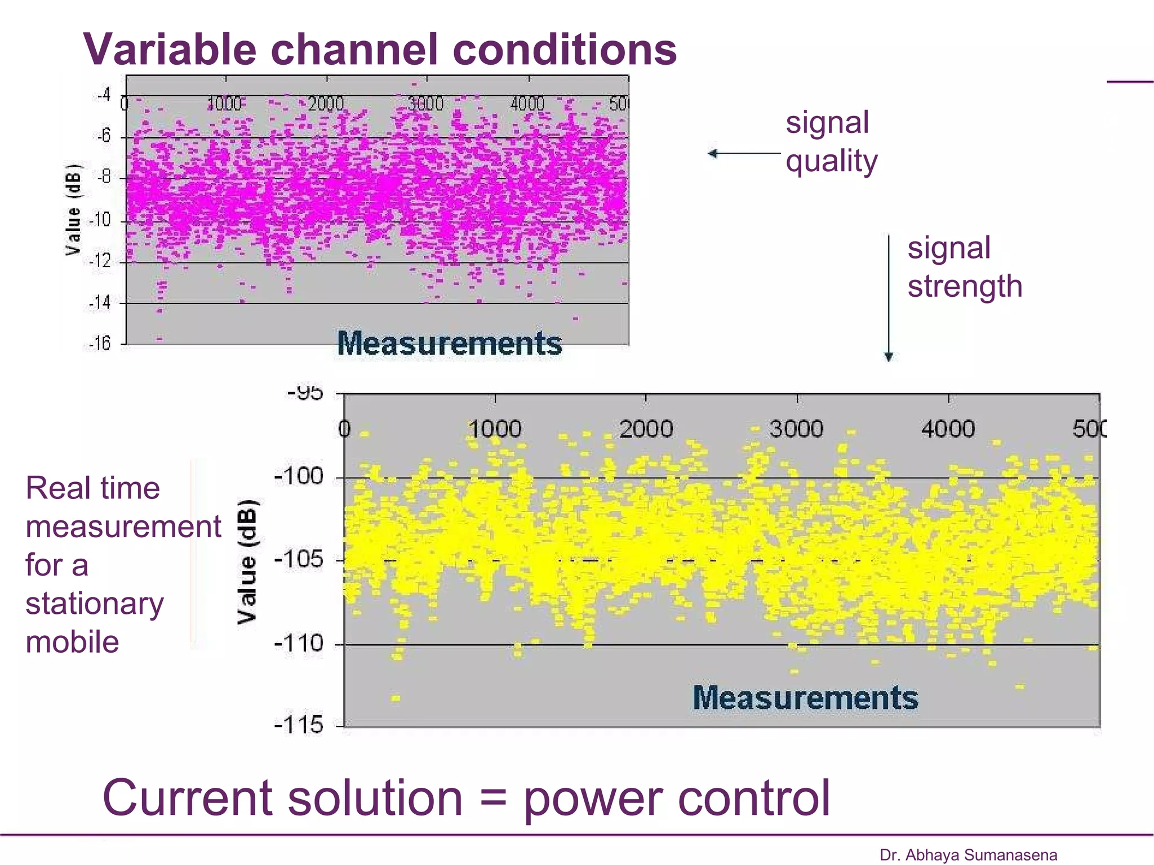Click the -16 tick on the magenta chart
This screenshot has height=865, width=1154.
(100, 343)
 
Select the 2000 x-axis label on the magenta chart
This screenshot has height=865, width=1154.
(326, 104)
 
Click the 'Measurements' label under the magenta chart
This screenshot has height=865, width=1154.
(449, 343)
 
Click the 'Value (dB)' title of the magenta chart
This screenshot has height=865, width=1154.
(73, 209)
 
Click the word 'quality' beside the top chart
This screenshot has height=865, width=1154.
(831, 161)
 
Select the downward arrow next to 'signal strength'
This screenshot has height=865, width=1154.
(889, 298)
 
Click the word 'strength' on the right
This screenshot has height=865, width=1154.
(965, 286)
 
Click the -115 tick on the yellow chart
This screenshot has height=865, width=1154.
(299, 725)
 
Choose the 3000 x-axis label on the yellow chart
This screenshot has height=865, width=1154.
(796, 429)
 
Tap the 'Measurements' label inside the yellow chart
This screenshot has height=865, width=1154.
(805, 698)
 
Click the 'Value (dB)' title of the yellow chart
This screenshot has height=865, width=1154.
(247, 562)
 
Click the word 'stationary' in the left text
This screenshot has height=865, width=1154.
(95, 604)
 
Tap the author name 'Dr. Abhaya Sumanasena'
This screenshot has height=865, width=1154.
(968, 855)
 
